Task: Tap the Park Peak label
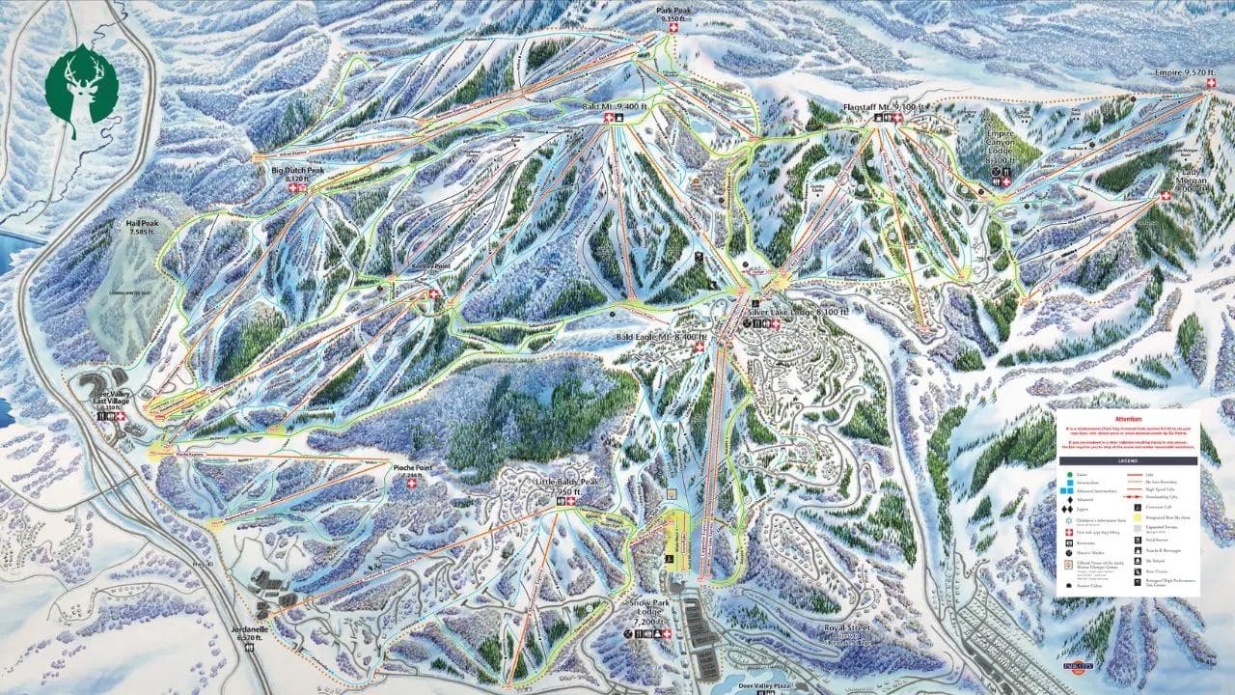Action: click(672, 14)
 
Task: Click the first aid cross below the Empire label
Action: click(1211, 85)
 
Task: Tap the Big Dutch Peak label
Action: click(297, 174)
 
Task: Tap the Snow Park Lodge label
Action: click(647, 611)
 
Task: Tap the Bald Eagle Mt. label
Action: click(661, 337)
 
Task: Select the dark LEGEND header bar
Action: click(1127, 461)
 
